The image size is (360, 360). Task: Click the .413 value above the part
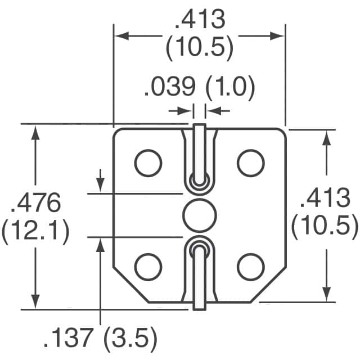200,21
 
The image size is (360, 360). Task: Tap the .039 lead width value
170,88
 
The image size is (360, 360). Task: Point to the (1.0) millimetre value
229,88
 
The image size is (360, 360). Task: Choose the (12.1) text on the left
36,231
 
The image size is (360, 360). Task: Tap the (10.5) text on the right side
325,227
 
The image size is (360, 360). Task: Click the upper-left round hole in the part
148,163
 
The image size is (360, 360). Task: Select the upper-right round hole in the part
251,163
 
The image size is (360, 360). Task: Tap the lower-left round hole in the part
148,265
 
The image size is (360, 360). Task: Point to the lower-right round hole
251,265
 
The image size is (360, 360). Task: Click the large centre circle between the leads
200,214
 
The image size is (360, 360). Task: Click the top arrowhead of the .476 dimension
36,132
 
